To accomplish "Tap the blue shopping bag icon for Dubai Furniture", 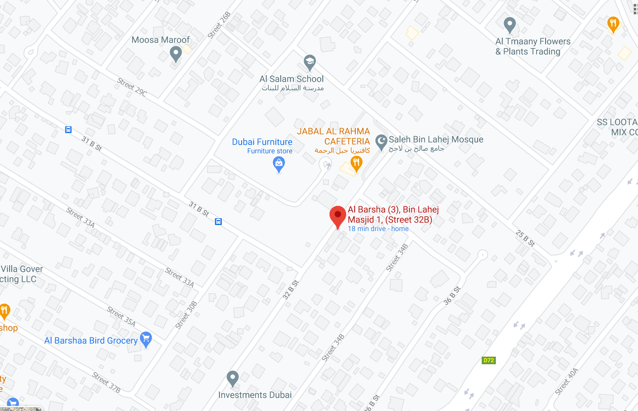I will tap(279, 164).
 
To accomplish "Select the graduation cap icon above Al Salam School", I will tap(309, 63).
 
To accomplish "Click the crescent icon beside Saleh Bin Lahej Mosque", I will tap(381, 140).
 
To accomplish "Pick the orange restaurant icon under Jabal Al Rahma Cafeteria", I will tap(356, 163).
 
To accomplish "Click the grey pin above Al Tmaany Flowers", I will tap(510, 24).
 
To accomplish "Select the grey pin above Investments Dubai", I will tap(232, 377).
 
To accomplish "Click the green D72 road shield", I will tap(488, 360).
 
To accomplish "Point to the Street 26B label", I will tap(219, 25).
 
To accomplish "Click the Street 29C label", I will tap(132, 87).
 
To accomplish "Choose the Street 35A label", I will tap(121, 316).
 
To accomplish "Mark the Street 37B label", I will tap(106, 383).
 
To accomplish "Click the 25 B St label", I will tap(525, 238).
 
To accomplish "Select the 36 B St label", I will tap(452, 295).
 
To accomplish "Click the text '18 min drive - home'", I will tap(378, 229).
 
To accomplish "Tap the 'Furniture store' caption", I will tap(270, 151).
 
